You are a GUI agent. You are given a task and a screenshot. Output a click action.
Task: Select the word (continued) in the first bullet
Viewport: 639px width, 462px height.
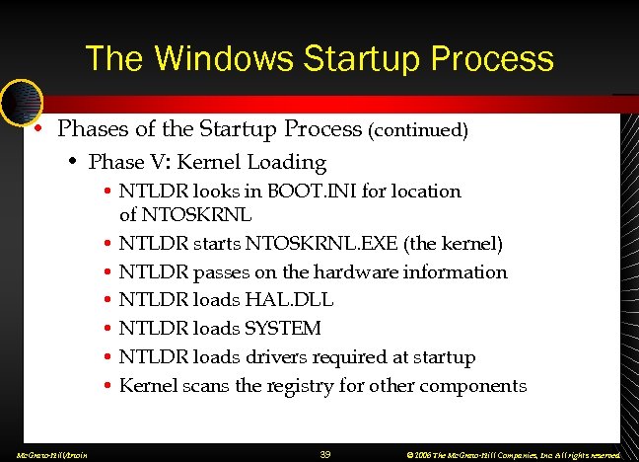(417, 130)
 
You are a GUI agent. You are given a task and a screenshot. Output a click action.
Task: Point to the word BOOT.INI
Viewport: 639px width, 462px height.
(318, 191)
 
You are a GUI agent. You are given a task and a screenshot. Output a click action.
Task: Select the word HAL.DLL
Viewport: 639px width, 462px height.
(294, 300)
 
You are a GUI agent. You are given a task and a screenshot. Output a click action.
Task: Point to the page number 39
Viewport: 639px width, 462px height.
(326, 454)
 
